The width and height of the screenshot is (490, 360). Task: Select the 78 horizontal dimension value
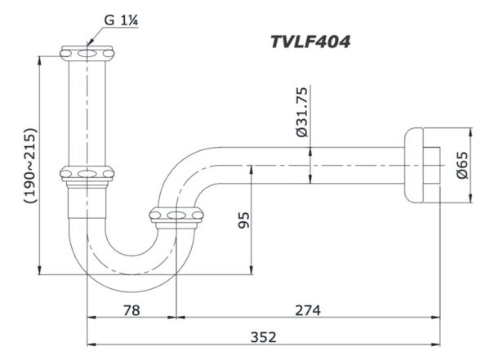click(x=131, y=311)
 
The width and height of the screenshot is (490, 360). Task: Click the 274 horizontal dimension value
click(x=307, y=311)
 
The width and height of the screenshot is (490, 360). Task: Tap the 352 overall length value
click(x=264, y=336)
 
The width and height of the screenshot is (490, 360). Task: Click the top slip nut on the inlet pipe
click(x=87, y=52)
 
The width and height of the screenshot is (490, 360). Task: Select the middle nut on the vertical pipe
click(x=87, y=173)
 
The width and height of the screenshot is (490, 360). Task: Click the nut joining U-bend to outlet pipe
click(x=176, y=216)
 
